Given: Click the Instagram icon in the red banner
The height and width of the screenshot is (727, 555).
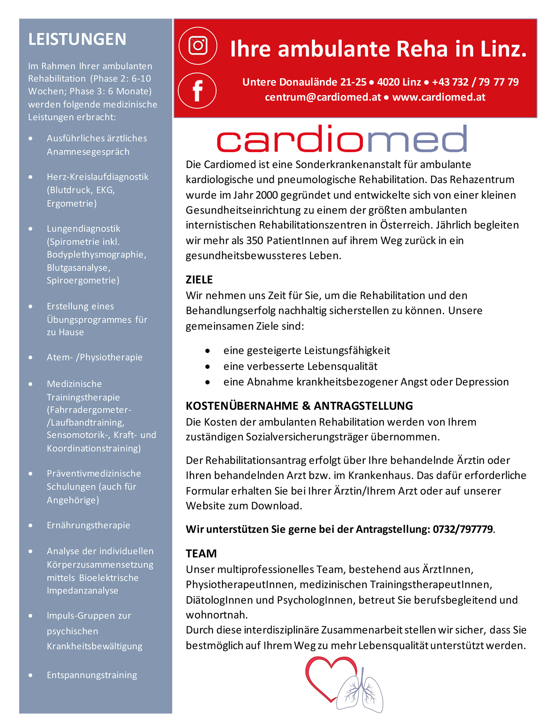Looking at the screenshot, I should pos(198,45).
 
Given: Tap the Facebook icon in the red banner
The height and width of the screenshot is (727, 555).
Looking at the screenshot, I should pos(197,91).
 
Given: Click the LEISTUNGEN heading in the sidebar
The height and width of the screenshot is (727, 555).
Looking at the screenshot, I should pos(77,39).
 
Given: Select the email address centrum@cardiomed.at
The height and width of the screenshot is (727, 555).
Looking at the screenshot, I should pos(323,97).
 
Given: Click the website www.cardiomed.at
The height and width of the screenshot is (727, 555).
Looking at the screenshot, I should pos(438,97).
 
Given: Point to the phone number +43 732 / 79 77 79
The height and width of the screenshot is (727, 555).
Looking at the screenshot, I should pos(475,82).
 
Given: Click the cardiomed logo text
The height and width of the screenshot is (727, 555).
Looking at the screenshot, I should pos(342,139).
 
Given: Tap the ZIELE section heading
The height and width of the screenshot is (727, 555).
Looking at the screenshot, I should pos(199,280).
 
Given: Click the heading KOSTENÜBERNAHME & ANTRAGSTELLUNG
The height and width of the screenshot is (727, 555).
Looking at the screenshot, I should pos(299,405).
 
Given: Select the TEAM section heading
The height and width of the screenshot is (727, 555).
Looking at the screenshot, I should pos(201,553).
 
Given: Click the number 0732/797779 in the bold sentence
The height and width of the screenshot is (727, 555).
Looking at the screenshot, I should pos(462,529).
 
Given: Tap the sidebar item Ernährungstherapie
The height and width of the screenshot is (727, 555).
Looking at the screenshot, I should pos(88,525).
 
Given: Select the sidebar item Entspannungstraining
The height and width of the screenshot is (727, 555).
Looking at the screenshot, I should pos(92,675).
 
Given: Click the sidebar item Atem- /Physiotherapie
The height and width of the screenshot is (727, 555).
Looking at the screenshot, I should pos(94,357).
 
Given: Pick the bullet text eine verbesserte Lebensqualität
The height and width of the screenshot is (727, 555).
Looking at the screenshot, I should pos(300,366).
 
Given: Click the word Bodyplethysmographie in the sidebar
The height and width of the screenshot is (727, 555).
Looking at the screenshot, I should pos(96,255).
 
